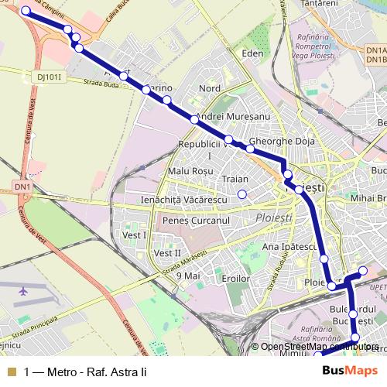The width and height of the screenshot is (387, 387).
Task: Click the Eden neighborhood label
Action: click(x=253, y=53)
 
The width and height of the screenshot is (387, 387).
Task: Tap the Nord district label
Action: click(x=210, y=89)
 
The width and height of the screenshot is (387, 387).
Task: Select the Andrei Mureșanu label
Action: click(x=232, y=116)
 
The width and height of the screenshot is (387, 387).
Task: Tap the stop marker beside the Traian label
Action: click(x=242, y=194)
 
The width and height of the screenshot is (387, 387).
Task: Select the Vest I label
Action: click(x=135, y=235)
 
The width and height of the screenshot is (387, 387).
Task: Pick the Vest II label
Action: click(x=167, y=253)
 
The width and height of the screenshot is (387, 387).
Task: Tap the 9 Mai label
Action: click(x=189, y=275)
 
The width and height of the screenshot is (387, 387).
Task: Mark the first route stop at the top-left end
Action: click(x=26, y=11)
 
